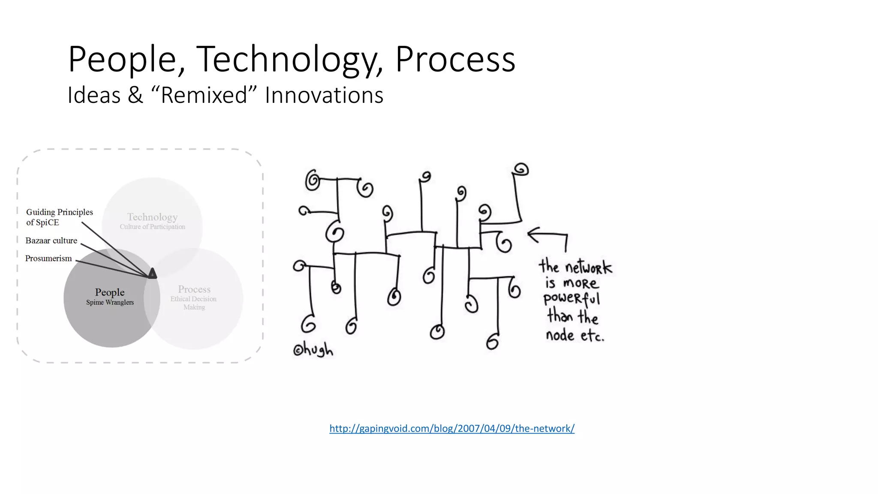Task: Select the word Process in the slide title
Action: click(455, 60)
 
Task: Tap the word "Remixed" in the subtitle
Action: click(204, 95)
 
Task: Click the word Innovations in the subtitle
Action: click(324, 95)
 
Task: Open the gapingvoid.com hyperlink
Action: click(451, 428)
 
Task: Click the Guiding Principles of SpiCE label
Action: click(59, 217)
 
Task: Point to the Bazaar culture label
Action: click(51, 241)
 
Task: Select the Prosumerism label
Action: click(48, 259)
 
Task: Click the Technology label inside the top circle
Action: click(152, 217)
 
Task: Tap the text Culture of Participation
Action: click(152, 227)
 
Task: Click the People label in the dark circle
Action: click(110, 292)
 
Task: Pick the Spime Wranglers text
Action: click(110, 302)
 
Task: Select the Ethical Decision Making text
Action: click(193, 303)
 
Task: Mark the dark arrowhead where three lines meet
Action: click(152, 273)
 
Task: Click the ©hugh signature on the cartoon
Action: click(313, 350)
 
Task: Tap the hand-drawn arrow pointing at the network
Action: click(548, 237)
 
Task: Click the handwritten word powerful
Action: click(571, 298)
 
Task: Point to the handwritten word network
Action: click(588, 268)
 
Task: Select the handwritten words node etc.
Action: click(574, 335)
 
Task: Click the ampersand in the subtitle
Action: click(135, 95)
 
